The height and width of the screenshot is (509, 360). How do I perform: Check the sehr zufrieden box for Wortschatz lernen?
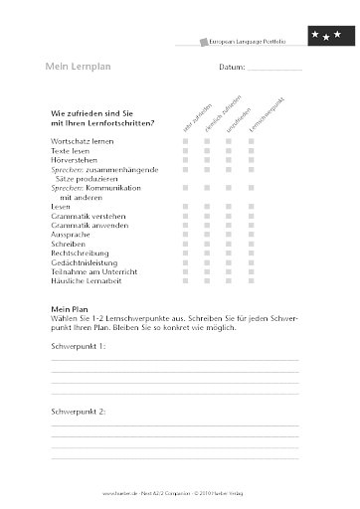185,144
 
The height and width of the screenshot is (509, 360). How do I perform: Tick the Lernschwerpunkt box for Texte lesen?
251,154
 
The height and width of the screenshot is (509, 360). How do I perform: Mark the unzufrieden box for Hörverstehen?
229,164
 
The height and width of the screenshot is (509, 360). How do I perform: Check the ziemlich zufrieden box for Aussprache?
207,234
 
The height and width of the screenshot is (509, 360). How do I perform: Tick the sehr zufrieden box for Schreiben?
185,244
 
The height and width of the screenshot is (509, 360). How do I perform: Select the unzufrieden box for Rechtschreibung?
229,254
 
